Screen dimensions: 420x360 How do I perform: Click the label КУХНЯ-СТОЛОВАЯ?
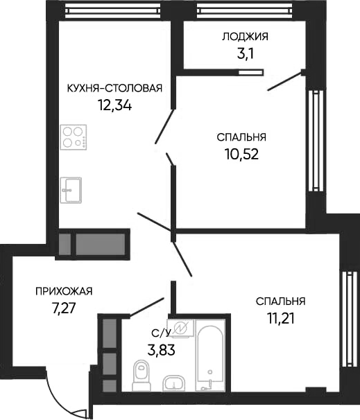tap(114, 87)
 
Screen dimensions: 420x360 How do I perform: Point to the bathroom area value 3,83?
tap(160, 349)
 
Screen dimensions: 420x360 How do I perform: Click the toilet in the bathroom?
tap(141, 376)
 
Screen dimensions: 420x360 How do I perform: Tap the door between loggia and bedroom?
tap(285, 81)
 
